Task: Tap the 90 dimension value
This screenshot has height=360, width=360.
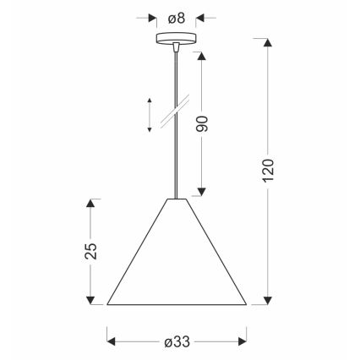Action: pos(202,123)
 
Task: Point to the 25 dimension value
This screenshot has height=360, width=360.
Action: pos(92,251)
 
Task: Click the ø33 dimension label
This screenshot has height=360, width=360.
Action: pos(177,341)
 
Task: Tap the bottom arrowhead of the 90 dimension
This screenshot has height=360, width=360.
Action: pos(202,192)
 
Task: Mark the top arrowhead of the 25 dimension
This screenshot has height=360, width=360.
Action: pos(92,204)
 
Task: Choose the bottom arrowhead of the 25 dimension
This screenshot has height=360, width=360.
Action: pos(92,299)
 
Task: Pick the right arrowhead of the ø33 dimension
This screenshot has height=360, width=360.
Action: pos(243,341)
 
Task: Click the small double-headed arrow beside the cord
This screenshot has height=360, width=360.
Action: pos(150,115)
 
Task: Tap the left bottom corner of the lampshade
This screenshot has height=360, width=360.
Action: pos(107,303)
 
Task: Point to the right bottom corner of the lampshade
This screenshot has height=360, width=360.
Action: pos(247,303)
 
